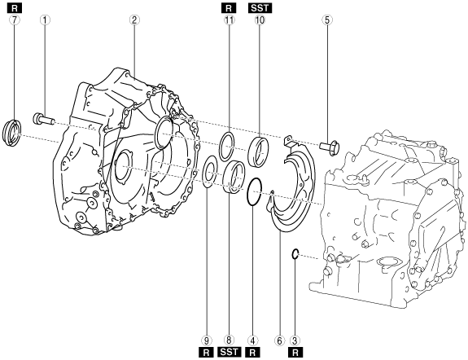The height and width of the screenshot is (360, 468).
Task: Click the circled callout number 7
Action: (15, 20)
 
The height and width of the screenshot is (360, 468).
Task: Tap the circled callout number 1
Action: (45, 20)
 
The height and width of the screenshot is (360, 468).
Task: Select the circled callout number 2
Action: (134, 20)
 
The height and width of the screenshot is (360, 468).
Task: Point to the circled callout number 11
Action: (230, 20)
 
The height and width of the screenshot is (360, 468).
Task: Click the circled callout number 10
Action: (260, 20)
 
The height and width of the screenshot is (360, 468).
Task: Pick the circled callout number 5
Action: (327, 20)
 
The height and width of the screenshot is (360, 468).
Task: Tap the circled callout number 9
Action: (206, 340)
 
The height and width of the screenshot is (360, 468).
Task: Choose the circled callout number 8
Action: (229, 340)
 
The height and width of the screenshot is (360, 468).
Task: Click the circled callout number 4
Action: (252, 340)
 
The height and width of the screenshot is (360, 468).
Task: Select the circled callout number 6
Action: (279, 340)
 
